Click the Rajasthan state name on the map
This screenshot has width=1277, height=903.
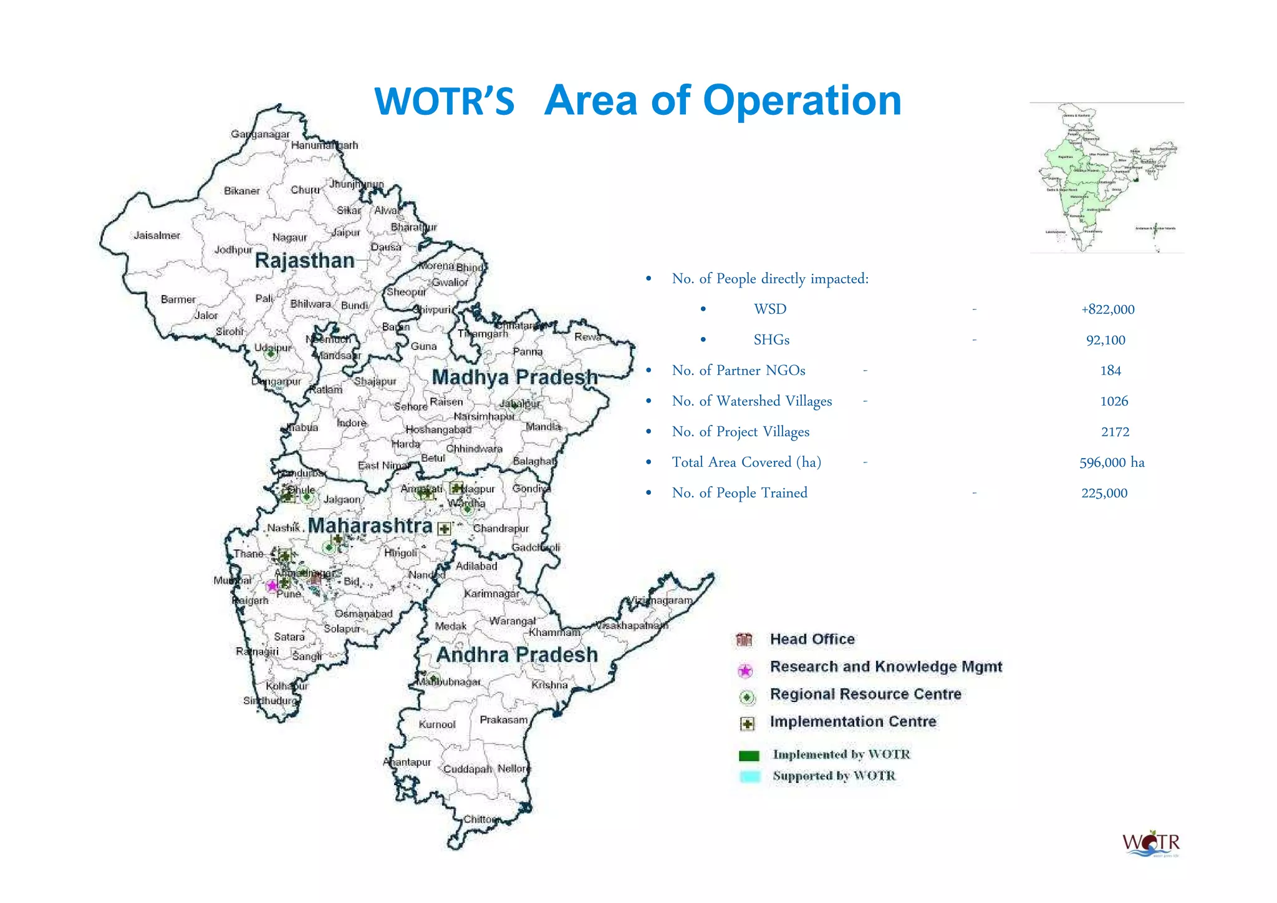point(304,260)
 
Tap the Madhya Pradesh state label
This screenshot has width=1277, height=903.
point(514,377)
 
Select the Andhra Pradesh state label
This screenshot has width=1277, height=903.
point(517,655)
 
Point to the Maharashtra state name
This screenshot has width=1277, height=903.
point(370,525)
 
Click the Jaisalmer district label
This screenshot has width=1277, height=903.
point(157,235)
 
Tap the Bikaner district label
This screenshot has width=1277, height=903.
point(241,190)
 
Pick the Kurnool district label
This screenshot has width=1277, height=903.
point(436,725)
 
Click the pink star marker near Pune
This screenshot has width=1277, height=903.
point(272,586)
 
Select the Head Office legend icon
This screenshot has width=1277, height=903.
point(745,640)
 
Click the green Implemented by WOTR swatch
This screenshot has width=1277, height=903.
point(749,756)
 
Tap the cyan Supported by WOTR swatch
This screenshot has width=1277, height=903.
point(749,777)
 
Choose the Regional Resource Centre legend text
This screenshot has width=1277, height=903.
point(865,694)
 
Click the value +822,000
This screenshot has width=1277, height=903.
point(1107,310)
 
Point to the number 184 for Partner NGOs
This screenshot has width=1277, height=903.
point(1111,371)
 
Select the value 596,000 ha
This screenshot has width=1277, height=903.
point(1112,462)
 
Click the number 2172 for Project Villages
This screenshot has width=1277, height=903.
point(1115,432)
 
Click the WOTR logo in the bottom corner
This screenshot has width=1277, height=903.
point(1151,844)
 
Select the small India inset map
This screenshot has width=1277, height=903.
point(1106,178)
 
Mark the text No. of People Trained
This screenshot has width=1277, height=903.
point(740,493)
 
